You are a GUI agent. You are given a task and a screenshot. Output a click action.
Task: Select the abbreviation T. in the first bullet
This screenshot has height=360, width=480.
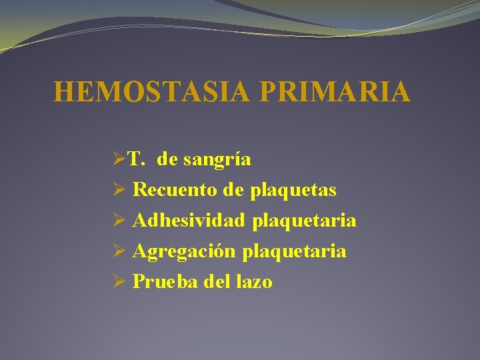(137, 159)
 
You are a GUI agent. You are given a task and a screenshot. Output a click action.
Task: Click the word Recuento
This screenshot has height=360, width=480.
(176, 190)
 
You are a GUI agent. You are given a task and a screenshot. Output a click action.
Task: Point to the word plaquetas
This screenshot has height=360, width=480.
(293, 190)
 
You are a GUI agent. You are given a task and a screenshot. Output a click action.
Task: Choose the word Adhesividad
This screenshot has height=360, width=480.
(189, 220)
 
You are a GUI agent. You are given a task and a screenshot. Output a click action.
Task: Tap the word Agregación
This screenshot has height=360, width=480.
(185, 251)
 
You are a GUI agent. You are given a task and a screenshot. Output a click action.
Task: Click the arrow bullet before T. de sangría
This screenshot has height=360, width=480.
(119, 160)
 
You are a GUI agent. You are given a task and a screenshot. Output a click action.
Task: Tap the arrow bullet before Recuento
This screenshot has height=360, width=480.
(119, 191)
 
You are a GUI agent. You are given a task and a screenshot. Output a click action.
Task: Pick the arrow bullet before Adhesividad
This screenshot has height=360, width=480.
(119, 221)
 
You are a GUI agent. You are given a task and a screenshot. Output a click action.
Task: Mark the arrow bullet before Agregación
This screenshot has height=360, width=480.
(119, 251)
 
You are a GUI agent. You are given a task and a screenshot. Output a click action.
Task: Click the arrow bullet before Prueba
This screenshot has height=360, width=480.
(119, 282)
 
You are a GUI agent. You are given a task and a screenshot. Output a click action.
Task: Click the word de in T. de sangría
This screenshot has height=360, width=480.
(169, 159)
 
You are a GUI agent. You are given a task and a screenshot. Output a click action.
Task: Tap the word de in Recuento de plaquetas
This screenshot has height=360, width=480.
(235, 190)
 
